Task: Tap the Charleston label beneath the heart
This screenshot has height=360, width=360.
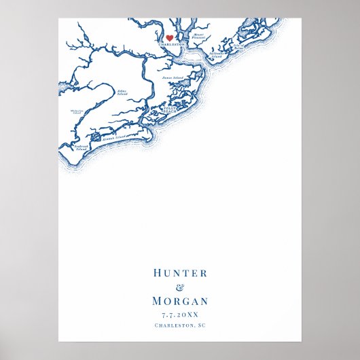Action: (171, 45)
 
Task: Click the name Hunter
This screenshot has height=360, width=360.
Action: (180, 273)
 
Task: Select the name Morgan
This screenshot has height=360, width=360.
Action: (180, 302)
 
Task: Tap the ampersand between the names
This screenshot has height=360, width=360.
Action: (180, 287)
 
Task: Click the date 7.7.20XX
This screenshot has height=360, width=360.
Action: (180, 314)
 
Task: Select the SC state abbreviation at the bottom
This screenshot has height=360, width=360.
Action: (201, 325)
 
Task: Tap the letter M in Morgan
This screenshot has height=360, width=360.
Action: (157, 302)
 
